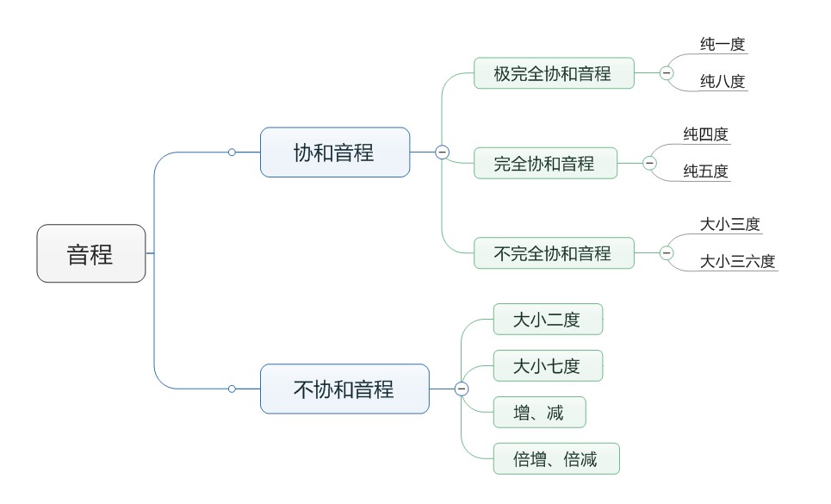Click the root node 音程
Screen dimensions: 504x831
tap(90, 253)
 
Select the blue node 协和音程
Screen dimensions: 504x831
tap(334, 152)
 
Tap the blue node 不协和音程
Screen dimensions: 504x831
tap(344, 389)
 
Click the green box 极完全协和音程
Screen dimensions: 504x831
tap(553, 73)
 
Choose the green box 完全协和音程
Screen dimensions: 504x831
tap(544, 163)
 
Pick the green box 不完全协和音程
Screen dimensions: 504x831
tap(553, 253)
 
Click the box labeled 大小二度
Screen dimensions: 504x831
tap(547, 320)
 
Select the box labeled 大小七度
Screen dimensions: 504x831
tap(547, 366)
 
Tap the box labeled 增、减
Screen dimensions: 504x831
tap(538, 413)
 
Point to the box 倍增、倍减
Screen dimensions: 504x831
tap(555, 458)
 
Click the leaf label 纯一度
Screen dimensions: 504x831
tap(722, 44)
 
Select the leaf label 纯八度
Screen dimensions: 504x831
tap(722, 82)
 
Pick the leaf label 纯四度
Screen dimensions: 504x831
tap(706, 134)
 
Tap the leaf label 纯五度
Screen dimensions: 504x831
tap(706, 171)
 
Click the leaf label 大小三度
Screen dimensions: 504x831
tap(729, 224)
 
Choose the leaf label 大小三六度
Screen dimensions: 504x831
tap(737, 261)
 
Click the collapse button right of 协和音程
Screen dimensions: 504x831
tap(442, 152)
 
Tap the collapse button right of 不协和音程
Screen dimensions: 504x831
tap(462, 389)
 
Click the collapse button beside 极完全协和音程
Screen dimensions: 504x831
tap(667, 73)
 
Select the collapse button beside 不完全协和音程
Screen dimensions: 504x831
tap(667, 253)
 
